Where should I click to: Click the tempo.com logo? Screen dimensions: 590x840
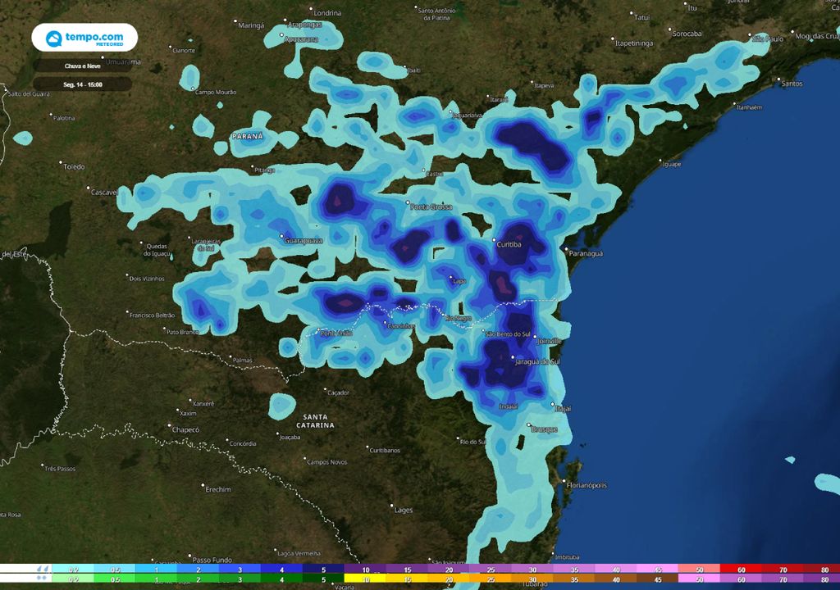pyautogui.click(x=84, y=38)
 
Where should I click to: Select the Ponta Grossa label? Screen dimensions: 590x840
pyautogui.click(x=431, y=206)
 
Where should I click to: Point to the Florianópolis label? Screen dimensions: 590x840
pyautogui.click(x=587, y=485)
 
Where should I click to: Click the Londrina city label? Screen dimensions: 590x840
pyautogui.click(x=327, y=13)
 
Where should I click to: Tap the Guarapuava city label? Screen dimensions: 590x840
pyautogui.click(x=303, y=241)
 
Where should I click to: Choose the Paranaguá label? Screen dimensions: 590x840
pyautogui.click(x=586, y=254)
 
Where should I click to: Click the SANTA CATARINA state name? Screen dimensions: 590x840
pyautogui.click(x=317, y=421)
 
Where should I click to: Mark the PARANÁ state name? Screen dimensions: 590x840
pyautogui.click(x=247, y=136)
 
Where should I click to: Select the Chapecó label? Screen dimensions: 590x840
pyautogui.click(x=185, y=429)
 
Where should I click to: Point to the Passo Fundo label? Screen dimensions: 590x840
pyautogui.click(x=212, y=560)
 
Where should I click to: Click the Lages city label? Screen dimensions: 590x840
pyautogui.click(x=404, y=510)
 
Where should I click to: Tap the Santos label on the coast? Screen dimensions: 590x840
pyautogui.click(x=792, y=84)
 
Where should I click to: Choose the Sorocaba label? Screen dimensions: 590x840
pyautogui.click(x=687, y=34)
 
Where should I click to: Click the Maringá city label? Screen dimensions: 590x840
pyautogui.click(x=251, y=25)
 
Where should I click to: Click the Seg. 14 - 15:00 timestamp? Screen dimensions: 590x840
pyautogui.click(x=82, y=84)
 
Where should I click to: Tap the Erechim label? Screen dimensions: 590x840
pyautogui.click(x=218, y=489)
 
